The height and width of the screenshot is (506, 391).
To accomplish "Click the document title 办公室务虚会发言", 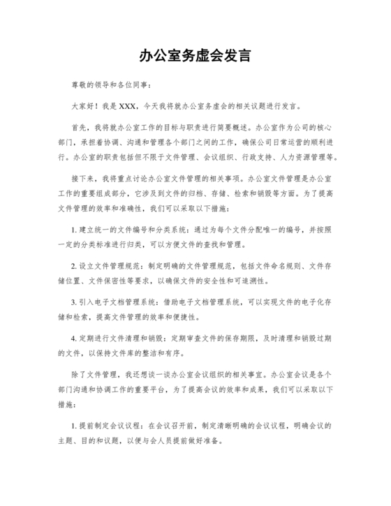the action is click(195, 54).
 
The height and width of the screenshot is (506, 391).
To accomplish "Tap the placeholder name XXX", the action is click(128, 107).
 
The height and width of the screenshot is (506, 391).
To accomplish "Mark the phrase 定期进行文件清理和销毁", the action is click(117, 338).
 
